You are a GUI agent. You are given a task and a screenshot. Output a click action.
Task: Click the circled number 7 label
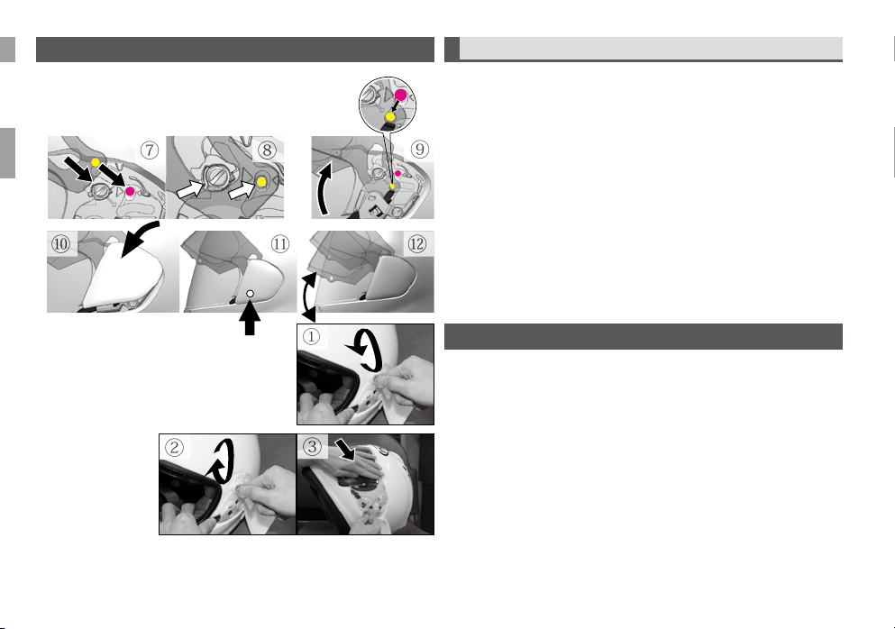[149, 150]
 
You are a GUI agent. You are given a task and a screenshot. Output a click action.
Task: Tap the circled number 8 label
[267, 150]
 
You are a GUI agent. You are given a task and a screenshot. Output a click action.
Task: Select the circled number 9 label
[419, 150]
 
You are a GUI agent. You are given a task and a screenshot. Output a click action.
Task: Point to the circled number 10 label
[60, 244]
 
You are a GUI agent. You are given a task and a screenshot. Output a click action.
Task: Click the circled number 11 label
[279, 244]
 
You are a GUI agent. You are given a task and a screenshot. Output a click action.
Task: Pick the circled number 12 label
[416, 244]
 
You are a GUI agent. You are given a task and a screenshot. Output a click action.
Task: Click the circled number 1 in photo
[311, 337]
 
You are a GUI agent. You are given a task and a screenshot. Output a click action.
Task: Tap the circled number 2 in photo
[174, 447]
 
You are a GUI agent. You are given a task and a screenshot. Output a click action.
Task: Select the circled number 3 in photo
[312, 446]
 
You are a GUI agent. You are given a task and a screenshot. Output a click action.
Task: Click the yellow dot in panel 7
[96, 163]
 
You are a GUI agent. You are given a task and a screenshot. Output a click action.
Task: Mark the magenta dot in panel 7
[130, 191]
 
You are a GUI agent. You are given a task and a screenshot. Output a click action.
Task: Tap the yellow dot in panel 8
[261, 181]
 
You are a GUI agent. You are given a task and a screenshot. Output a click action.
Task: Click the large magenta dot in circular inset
[401, 96]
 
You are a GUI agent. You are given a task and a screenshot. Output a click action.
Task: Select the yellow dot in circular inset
[390, 116]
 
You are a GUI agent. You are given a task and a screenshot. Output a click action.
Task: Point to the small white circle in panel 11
[250, 294]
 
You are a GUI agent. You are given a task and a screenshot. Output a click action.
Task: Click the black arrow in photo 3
[345, 449]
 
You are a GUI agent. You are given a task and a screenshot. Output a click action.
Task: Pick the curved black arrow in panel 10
[139, 237]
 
